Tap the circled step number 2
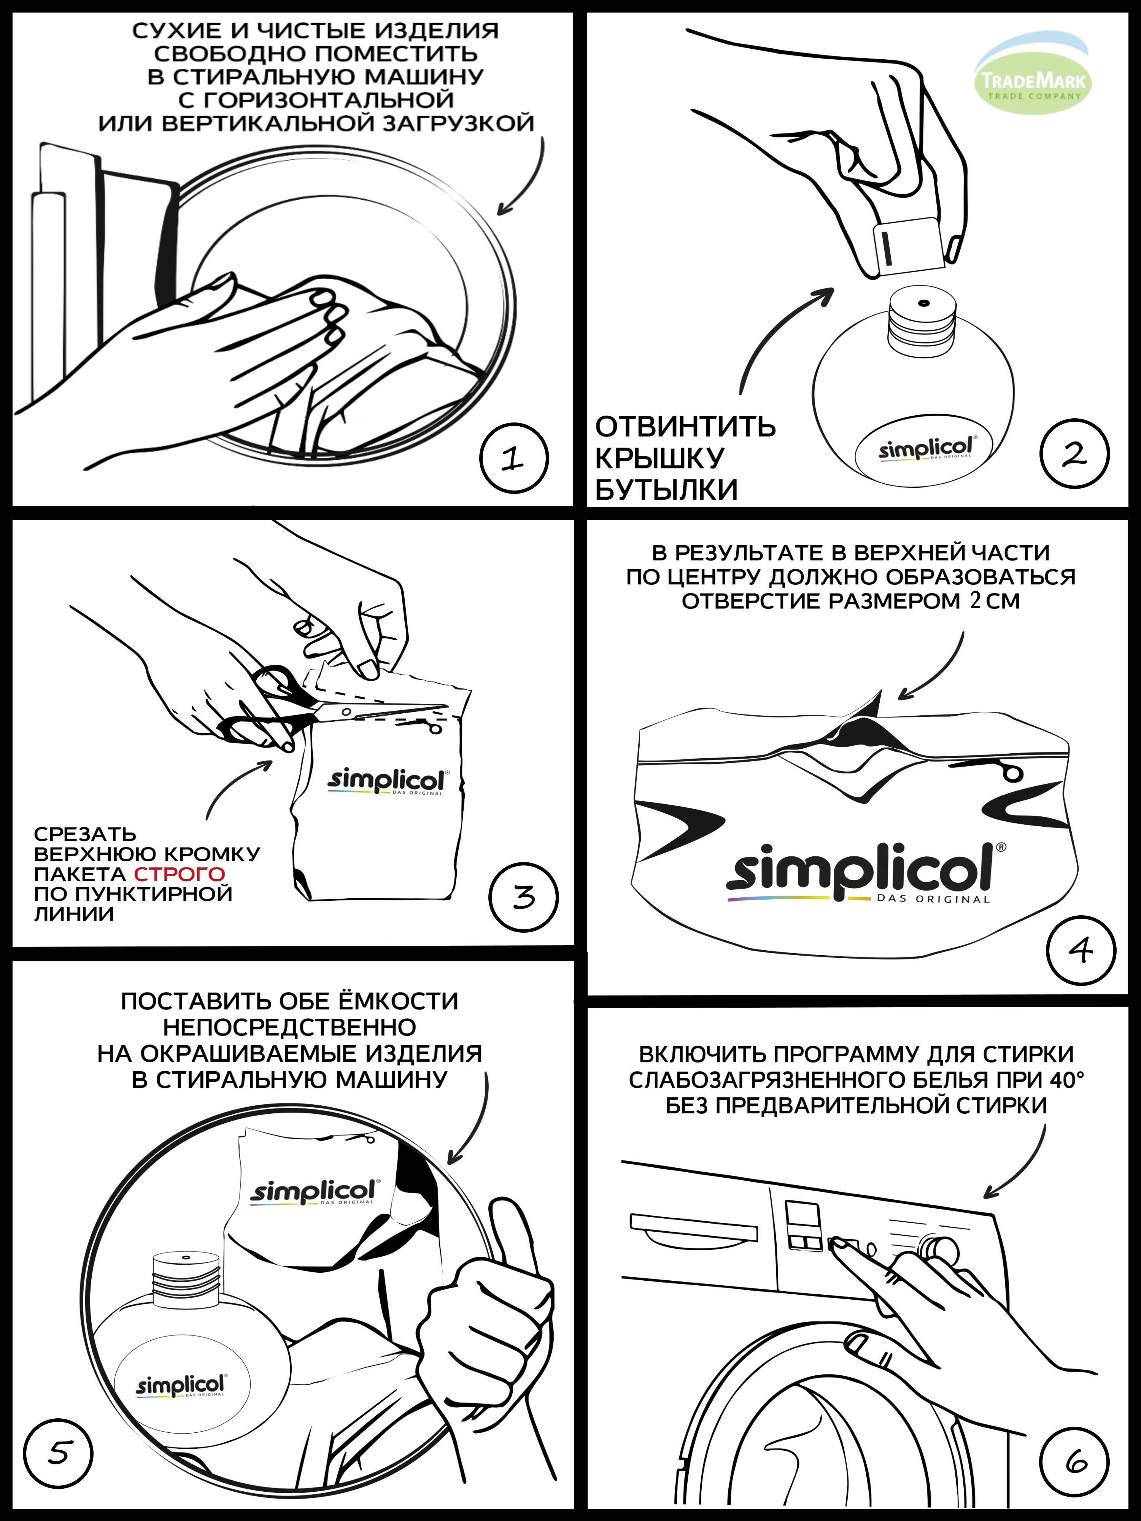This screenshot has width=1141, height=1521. pos(1075,453)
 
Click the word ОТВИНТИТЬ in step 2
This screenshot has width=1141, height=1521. pos(685,427)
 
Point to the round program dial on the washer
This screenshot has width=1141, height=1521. pos(940,1247)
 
